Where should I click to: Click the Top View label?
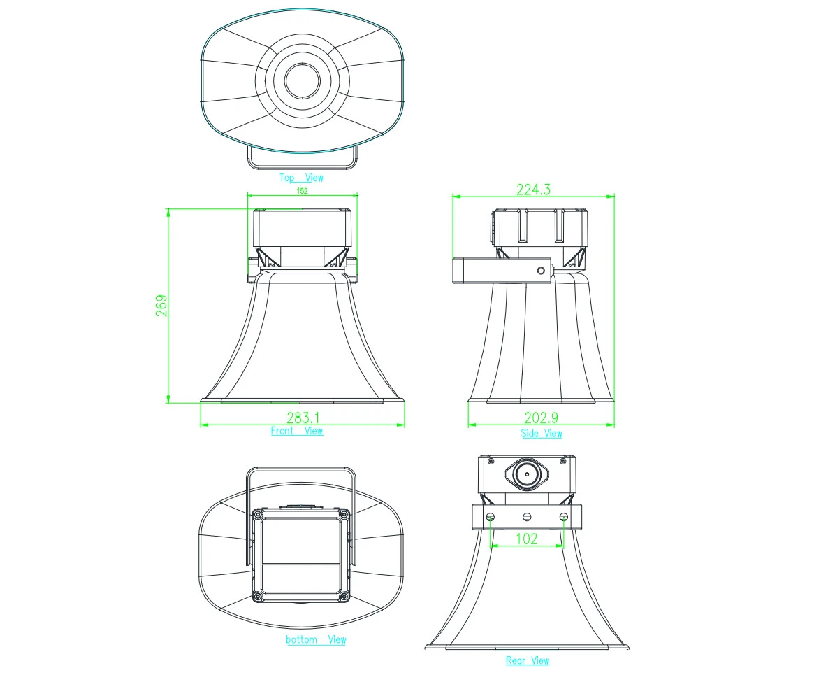[302, 178]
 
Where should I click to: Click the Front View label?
[297, 432]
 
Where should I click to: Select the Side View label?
[542, 434]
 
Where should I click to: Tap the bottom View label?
[316, 639]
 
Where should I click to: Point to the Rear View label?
[528, 660]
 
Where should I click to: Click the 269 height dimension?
[161, 306]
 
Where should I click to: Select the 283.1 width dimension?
[303, 418]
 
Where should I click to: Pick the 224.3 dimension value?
[533, 189]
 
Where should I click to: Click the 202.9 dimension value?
[542, 418]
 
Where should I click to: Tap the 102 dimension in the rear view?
[527, 539]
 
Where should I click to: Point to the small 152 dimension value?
[302, 190]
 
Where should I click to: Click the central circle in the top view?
[302, 80]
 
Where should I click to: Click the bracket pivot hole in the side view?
[540, 270]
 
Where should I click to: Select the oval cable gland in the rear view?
[527, 474]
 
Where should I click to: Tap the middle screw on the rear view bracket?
[527, 517]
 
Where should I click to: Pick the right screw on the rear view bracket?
[564, 517]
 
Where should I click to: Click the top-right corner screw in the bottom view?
[342, 514]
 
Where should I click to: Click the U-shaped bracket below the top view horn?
[302, 166]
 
